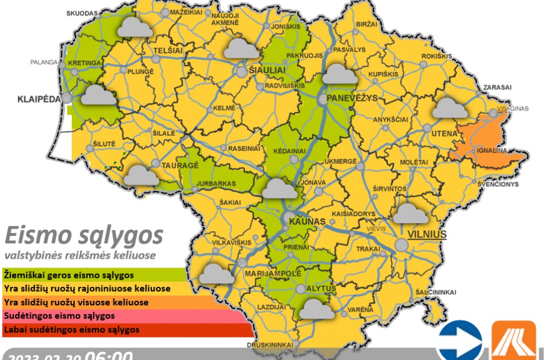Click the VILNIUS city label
coord(426,234)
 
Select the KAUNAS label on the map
coord(307,221)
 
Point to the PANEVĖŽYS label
coord(352,98)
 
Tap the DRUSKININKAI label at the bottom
coord(270,344)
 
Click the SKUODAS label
coord(82,13)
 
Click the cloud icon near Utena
coord(450,108)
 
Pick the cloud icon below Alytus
coord(318,309)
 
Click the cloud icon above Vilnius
coord(410,213)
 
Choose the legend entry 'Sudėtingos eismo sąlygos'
coord(60,316)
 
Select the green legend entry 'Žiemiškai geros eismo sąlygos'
coord(69,275)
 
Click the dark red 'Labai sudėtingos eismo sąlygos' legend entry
coord(72,330)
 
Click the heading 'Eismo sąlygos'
coord(84,235)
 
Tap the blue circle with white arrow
coord(459,342)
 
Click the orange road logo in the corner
coord(514,342)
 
